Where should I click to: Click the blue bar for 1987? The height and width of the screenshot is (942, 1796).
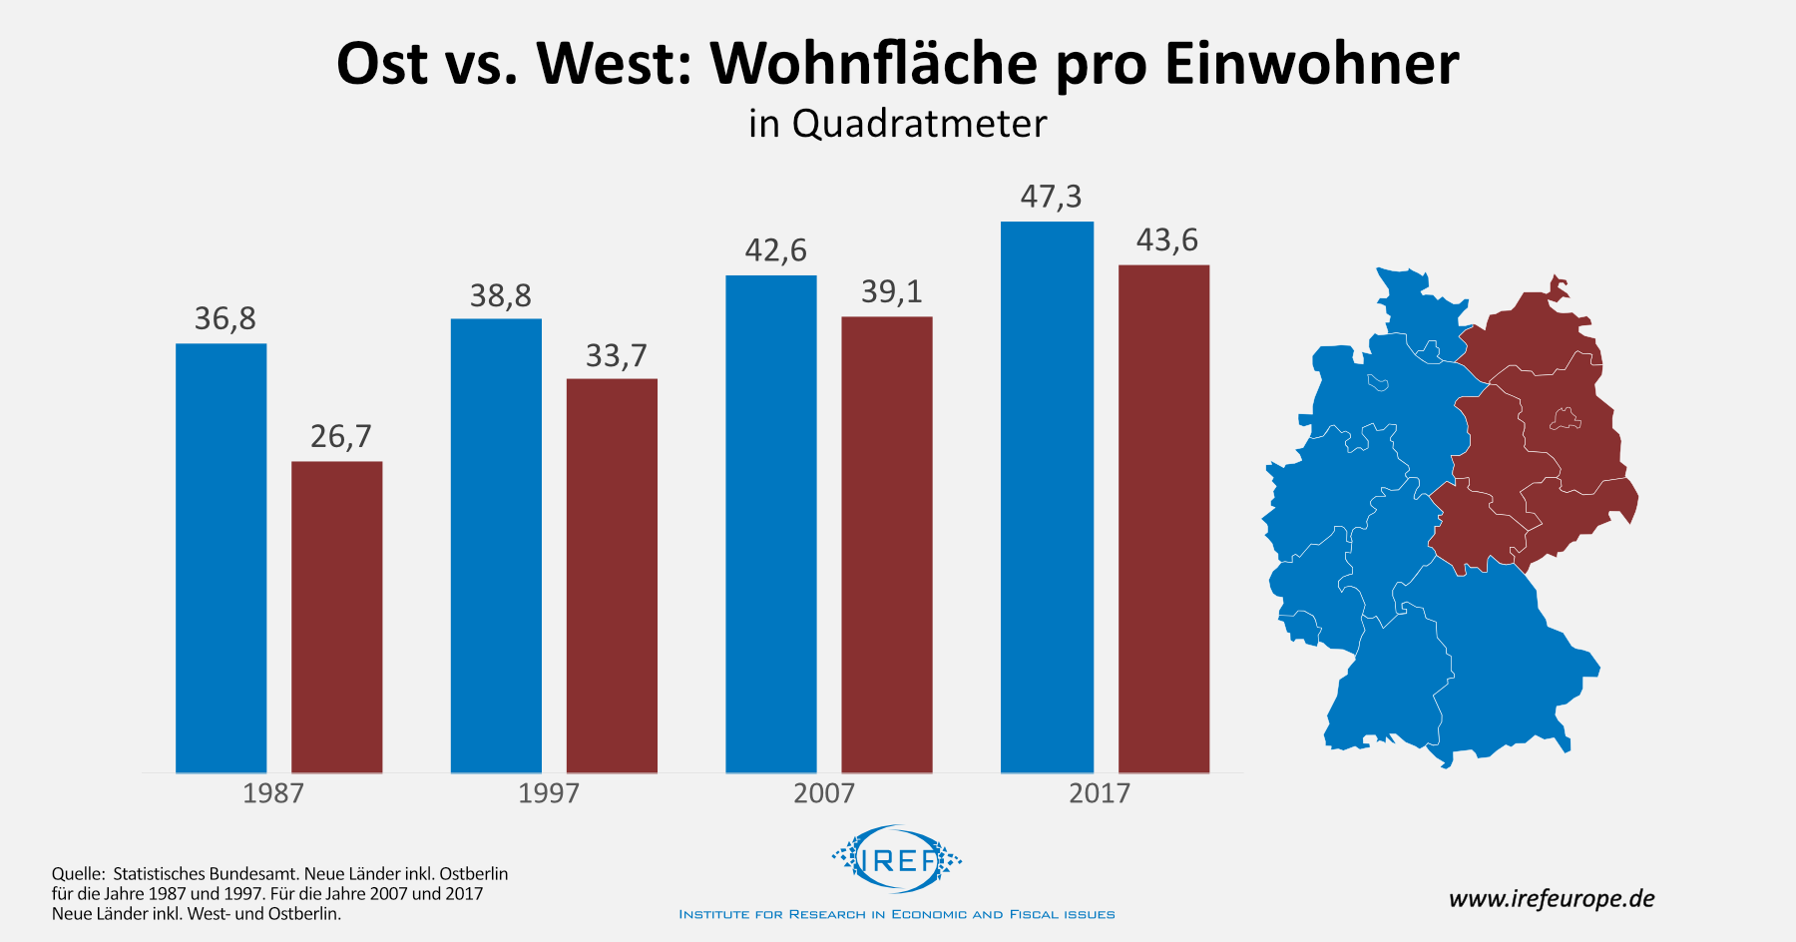pyautogui.click(x=221, y=559)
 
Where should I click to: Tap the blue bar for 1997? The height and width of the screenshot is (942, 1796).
pyautogui.click(x=496, y=546)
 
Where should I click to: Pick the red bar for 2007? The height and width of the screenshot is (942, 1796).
pyautogui.click(x=887, y=545)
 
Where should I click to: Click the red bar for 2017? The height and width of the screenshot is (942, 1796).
pyautogui.click(x=1163, y=519)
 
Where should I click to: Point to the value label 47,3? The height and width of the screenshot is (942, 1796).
pyautogui.click(x=1051, y=197)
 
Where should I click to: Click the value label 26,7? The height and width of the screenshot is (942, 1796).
pyautogui.click(x=340, y=436)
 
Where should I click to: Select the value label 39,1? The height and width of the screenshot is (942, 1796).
pyautogui.click(x=891, y=291)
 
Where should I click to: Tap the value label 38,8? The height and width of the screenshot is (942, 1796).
pyautogui.click(x=500, y=295)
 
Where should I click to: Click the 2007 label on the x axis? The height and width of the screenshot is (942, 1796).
pyautogui.click(x=823, y=793)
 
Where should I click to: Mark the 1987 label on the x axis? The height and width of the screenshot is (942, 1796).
pyautogui.click(x=272, y=793)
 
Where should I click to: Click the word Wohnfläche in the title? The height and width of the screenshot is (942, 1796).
pyautogui.click(x=874, y=64)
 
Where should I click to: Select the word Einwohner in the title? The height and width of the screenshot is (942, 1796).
pyautogui.click(x=1311, y=64)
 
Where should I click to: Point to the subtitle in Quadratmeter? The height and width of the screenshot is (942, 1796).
pyautogui.click(x=897, y=124)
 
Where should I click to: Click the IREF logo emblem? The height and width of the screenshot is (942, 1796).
pyautogui.click(x=897, y=858)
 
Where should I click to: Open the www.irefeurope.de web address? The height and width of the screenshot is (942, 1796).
pyautogui.click(x=1551, y=898)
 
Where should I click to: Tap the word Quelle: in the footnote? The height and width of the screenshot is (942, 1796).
pyautogui.click(x=78, y=874)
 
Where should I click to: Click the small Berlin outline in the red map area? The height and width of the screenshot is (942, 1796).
pyautogui.click(x=1566, y=418)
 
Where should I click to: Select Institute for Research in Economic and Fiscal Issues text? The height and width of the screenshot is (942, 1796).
pyautogui.click(x=897, y=914)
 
